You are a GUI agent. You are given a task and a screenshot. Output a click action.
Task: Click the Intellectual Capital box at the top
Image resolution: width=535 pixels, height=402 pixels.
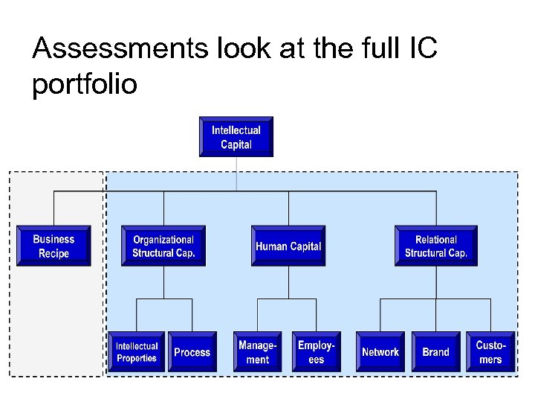pos(236,137)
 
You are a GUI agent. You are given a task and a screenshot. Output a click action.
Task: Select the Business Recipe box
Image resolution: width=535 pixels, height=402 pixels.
pos(53,246)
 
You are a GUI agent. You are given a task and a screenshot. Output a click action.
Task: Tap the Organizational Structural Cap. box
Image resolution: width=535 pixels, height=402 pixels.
pos(163,246)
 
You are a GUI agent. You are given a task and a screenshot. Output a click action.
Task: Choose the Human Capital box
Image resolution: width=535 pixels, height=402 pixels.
pos(288,246)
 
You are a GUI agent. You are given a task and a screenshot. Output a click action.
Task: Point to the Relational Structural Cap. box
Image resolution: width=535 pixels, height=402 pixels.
pos(435,246)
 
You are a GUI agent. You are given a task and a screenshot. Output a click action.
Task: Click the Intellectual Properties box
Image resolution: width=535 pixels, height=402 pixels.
pos(137,352)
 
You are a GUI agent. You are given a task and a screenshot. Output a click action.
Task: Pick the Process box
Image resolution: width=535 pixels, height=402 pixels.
pos(192,352)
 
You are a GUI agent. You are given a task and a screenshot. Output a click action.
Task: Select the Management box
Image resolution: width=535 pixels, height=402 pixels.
pos(257,352)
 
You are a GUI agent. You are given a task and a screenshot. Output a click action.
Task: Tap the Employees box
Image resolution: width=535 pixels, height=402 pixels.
pos(316,352)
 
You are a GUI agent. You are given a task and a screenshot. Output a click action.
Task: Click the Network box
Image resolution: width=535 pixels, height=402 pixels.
pos(380,352)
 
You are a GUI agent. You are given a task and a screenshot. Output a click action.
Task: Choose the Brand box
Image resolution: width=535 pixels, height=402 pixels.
pos(435,352)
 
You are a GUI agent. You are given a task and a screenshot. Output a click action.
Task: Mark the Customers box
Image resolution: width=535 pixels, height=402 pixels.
pos(490,352)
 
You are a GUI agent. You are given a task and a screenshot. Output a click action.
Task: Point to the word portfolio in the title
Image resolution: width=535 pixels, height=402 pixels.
pos(85,84)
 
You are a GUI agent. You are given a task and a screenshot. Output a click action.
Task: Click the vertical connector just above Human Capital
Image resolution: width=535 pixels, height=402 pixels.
pos(288,208)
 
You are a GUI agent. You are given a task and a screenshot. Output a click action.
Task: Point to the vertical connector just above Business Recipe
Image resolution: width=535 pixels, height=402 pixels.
pos(53,208)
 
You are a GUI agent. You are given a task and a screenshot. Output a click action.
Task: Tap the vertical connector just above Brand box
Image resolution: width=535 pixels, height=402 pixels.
pos(435,316)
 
